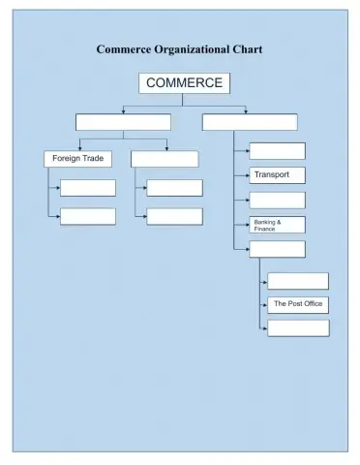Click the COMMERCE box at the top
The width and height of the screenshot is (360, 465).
tap(184, 83)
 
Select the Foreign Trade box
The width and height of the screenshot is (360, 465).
tap(77, 158)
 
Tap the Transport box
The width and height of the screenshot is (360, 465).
tap(277, 175)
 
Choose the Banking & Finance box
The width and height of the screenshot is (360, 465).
tap(277, 225)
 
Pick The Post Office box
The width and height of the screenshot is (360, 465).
tap(297, 304)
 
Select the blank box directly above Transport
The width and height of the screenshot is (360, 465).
tap(277, 151)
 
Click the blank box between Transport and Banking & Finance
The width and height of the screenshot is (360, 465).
tap(277, 201)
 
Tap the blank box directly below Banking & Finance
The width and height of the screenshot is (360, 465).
tap(277, 250)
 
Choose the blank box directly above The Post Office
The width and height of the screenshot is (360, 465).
tap(297, 281)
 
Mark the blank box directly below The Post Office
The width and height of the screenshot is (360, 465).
tap(297, 328)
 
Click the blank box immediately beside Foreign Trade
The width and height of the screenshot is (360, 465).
tap(165, 158)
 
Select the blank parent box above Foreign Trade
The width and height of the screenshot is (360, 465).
tap(123, 122)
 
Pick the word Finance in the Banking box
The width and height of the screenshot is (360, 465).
tap(264, 229)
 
